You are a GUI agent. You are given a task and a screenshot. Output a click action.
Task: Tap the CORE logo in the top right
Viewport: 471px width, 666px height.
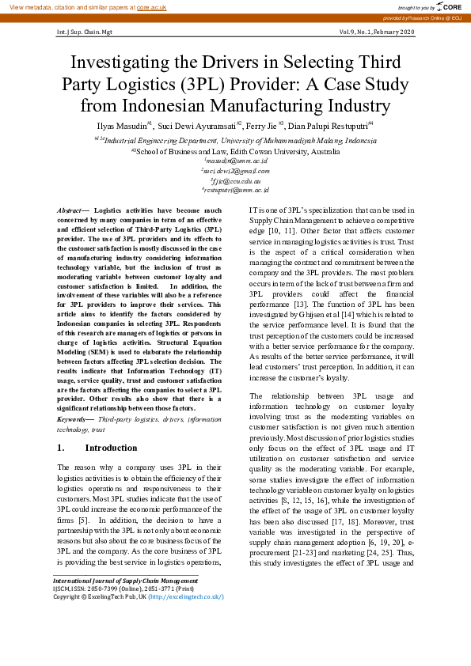443,6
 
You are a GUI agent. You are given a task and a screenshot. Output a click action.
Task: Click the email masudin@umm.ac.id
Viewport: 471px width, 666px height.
236,160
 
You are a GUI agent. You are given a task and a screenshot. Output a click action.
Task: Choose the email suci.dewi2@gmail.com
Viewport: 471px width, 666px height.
236,170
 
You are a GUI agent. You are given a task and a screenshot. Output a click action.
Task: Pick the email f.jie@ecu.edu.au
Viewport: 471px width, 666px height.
236,180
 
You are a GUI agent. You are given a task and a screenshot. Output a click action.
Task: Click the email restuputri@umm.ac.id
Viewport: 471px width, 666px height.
236,191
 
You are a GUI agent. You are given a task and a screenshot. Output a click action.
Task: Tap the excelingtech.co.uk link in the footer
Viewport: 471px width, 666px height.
186,597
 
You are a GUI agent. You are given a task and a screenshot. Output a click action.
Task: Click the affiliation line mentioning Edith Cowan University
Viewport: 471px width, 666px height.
237,150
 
